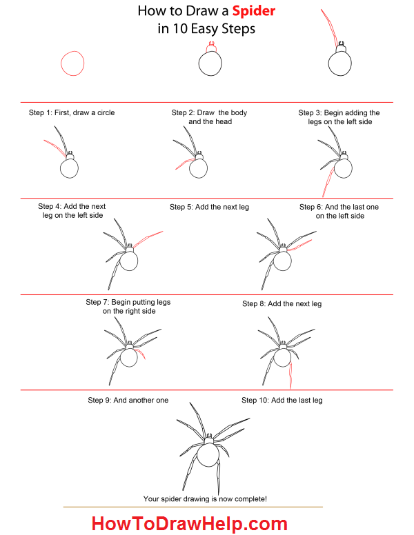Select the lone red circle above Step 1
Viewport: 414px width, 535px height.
pyautogui.click(x=72, y=63)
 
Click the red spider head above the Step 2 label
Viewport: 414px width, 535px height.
pyautogui.click(x=210, y=48)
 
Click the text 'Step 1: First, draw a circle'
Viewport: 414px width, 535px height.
pyautogui.click(x=72, y=112)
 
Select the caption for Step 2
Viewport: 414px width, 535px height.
pyautogui.click(x=210, y=117)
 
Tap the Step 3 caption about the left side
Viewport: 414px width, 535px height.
pyautogui.click(x=339, y=117)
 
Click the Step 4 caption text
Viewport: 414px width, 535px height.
pyautogui.click(x=72, y=210)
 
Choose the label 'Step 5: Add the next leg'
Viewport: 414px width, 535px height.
pyautogui.click(x=209, y=207)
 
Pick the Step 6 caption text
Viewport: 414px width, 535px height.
pyautogui.click(x=339, y=211)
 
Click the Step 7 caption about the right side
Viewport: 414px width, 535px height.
pyautogui.click(x=128, y=306)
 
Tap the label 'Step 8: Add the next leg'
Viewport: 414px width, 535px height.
pyautogui.click(x=282, y=303)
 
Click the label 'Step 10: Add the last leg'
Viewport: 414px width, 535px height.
pyautogui.click(x=282, y=400)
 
